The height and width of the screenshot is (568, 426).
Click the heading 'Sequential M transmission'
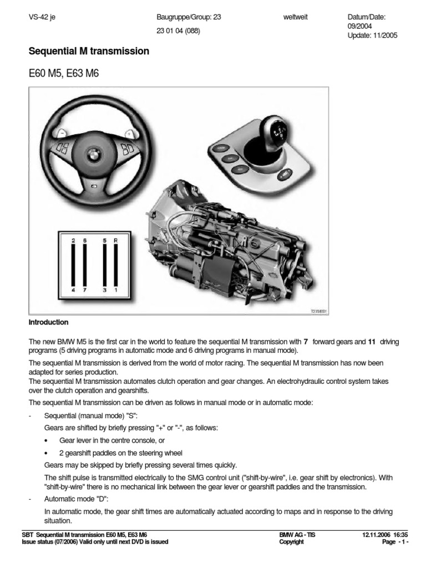pyautogui.click(x=89, y=51)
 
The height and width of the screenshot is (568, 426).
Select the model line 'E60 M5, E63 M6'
pyautogui.click(x=63, y=74)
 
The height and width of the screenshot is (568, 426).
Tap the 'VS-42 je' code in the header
pyautogui.click(x=42, y=17)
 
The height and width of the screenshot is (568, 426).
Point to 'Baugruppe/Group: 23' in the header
pyautogui.click(x=189, y=17)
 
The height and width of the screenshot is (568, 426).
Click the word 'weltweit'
pyautogui.click(x=295, y=17)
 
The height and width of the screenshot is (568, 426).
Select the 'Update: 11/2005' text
pyautogui.click(x=372, y=35)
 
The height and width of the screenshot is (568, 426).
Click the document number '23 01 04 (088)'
pyautogui.click(x=179, y=31)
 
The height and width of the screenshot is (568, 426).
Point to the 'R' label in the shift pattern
pyautogui.click(x=115, y=241)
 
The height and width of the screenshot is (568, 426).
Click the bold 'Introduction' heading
pyautogui.click(x=48, y=322)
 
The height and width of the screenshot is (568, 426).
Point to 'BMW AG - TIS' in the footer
pyautogui.click(x=298, y=535)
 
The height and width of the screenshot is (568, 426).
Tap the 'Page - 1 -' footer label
pyautogui.click(x=395, y=542)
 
